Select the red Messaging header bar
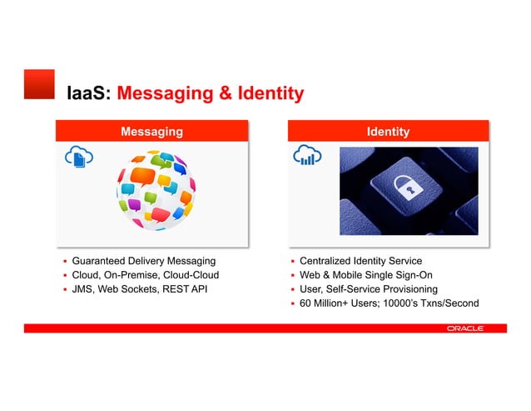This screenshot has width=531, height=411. (152, 132)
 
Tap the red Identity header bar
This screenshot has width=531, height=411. (389, 132)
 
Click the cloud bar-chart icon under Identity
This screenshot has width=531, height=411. (307, 156)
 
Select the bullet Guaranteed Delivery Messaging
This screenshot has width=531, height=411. (143, 262)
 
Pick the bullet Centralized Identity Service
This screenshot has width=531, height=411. (360, 262)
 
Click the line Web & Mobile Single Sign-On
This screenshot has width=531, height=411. (365, 275)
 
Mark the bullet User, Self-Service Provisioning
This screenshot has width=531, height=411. (368, 289)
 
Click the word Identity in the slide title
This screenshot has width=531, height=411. (261, 93)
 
